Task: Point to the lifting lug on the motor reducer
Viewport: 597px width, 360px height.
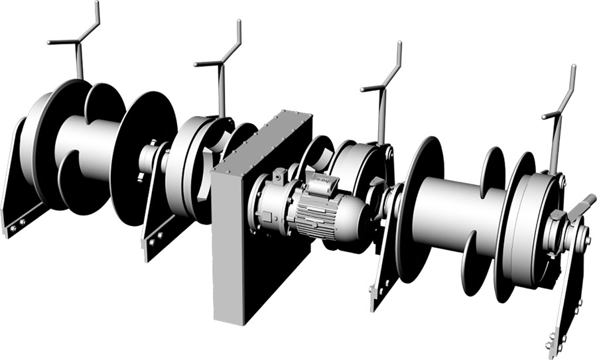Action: click(x=278, y=176)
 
